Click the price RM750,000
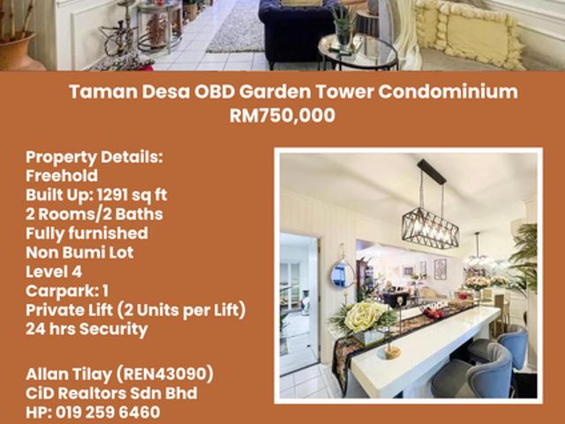point(282,114)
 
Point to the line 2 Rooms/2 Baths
point(94,215)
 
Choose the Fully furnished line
point(87,233)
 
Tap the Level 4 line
point(52,272)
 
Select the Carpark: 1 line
point(67,291)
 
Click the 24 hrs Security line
point(87,329)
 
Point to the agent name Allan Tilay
point(67,375)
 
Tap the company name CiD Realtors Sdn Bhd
point(111,393)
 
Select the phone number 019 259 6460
point(106,413)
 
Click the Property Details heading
point(94,157)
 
